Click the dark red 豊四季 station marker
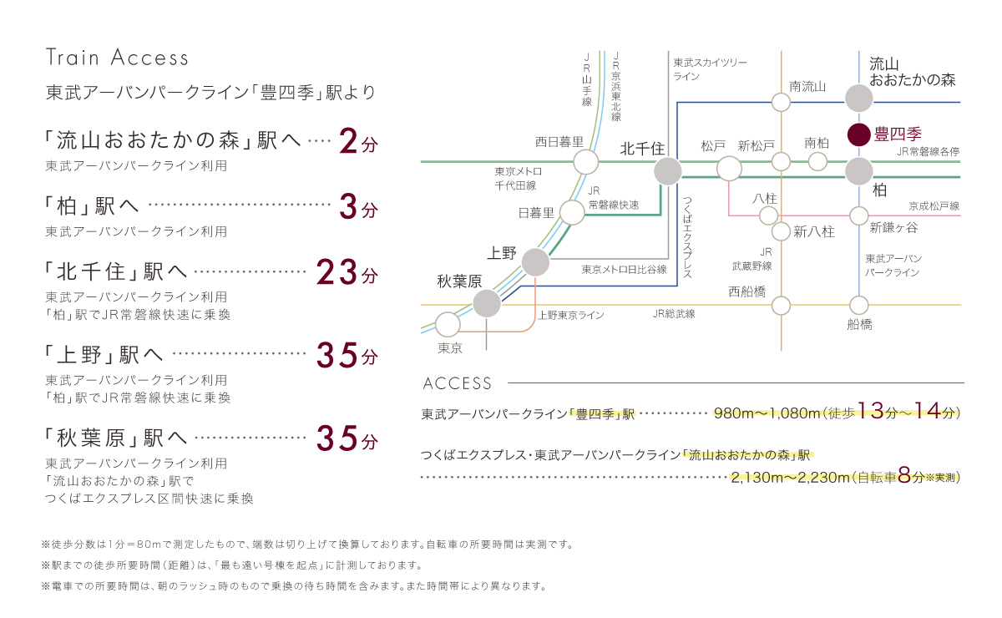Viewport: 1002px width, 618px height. pyautogui.click(x=859, y=134)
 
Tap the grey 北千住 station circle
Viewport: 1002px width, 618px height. pyautogui.click(x=667, y=172)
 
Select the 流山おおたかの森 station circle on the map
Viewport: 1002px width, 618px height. pyautogui.click(x=859, y=99)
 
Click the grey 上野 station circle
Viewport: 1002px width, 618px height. pyautogui.click(x=535, y=263)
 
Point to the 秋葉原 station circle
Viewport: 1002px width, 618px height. pyautogui.click(x=486, y=302)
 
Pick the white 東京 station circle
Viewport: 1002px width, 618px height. pyautogui.click(x=448, y=324)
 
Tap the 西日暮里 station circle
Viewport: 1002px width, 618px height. pyautogui.click(x=586, y=161)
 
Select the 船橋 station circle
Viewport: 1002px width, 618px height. pyautogui.click(x=859, y=306)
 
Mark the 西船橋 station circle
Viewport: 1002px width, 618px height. pyautogui.click(x=781, y=306)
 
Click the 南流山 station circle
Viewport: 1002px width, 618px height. pyautogui.click(x=781, y=102)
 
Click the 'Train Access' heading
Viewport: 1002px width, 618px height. pyautogui.click(x=118, y=58)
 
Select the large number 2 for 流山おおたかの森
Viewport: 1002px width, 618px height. pyautogui.click(x=349, y=143)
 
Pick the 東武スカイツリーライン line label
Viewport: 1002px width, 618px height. pyautogui.click(x=710, y=69)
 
